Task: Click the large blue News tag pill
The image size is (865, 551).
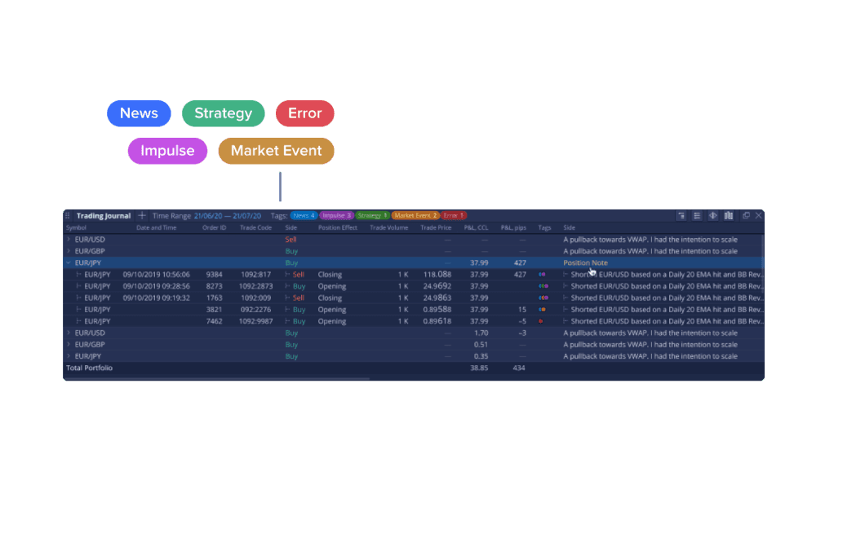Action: pyautogui.click(x=139, y=113)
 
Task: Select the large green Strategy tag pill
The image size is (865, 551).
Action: pyautogui.click(x=223, y=113)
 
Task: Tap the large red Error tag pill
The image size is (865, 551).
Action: pyautogui.click(x=304, y=113)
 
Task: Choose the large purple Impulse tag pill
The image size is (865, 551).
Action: pyautogui.click(x=167, y=151)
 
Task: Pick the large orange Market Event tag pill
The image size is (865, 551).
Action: pyautogui.click(x=276, y=151)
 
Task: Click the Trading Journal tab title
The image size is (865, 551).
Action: pyautogui.click(x=103, y=216)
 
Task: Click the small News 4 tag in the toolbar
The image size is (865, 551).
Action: pyautogui.click(x=304, y=216)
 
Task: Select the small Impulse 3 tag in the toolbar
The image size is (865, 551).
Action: pyautogui.click(x=335, y=216)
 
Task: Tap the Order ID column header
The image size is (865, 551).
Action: pyautogui.click(x=214, y=228)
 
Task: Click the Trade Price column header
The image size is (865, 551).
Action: pyautogui.click(x=436, y=228)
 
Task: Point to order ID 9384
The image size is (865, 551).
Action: pyautogui.click(x=214, y=275)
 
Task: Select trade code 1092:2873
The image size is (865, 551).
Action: pyautogui.click(x=255, y=286)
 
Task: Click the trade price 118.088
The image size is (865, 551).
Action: pyautogui.click(x=437, y=275)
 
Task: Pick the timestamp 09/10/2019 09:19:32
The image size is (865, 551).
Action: pyautogui.click(x=156, y=298)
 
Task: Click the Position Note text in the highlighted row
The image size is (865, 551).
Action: pyautogui.click(x=584, y=263)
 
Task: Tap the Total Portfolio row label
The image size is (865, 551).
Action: pyautogui.click(x=89, y=368)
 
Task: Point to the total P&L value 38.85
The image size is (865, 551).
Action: pyautogui.click(x=479, y=368)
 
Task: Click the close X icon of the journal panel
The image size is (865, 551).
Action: pyautogui.click(x=758, y=216)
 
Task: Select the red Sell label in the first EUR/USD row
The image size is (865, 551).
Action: pyautogui.click(x=291, y=240)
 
